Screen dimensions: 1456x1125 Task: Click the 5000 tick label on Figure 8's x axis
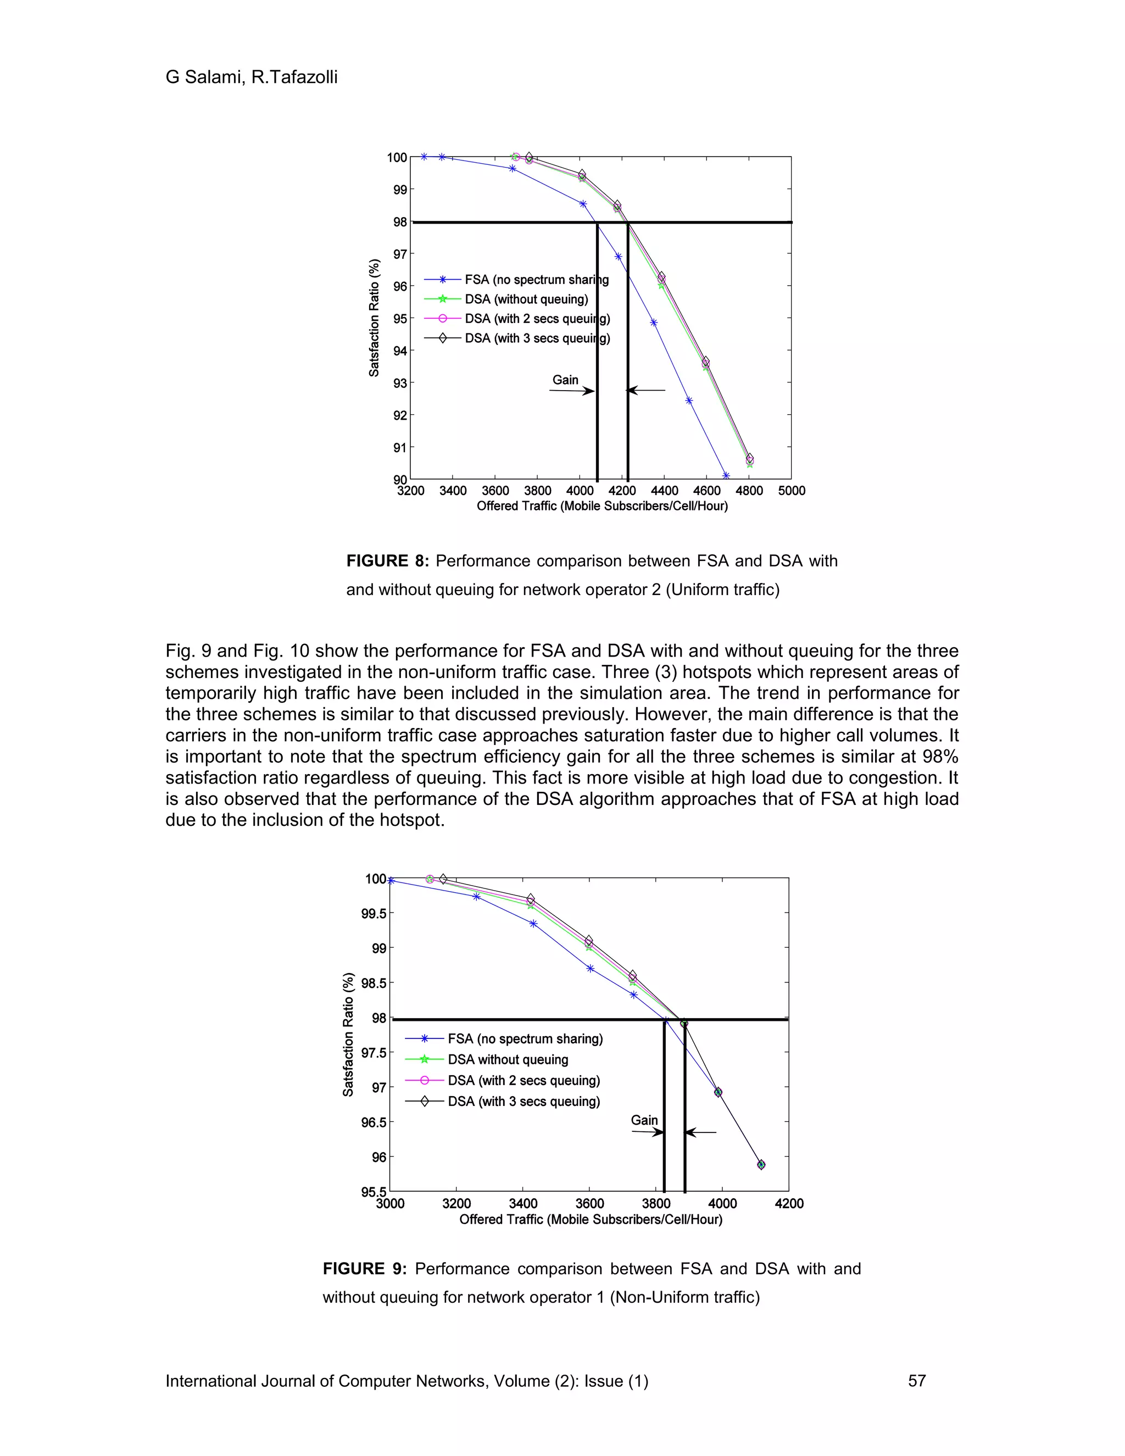point(791,491)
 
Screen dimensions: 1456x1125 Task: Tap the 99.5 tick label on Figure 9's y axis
point(374,913)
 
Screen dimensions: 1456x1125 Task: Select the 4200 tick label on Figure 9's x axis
point(789,1203)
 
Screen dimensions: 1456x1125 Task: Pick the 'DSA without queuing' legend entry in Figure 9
point(508,1059)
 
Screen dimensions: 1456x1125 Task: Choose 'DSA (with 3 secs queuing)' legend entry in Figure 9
point(524,1101)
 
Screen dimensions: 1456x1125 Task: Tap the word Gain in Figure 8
point(565,380)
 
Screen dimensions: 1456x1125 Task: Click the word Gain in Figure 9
point(644,1120)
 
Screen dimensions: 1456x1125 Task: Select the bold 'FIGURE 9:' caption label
point(364,1269)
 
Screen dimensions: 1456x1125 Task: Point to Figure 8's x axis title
point(602,506)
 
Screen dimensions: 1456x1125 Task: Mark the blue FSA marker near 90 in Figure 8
point(726,476)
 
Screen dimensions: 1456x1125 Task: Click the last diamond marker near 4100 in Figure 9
point(761,1165)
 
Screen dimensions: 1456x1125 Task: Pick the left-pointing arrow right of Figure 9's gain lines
point(700,1132)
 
